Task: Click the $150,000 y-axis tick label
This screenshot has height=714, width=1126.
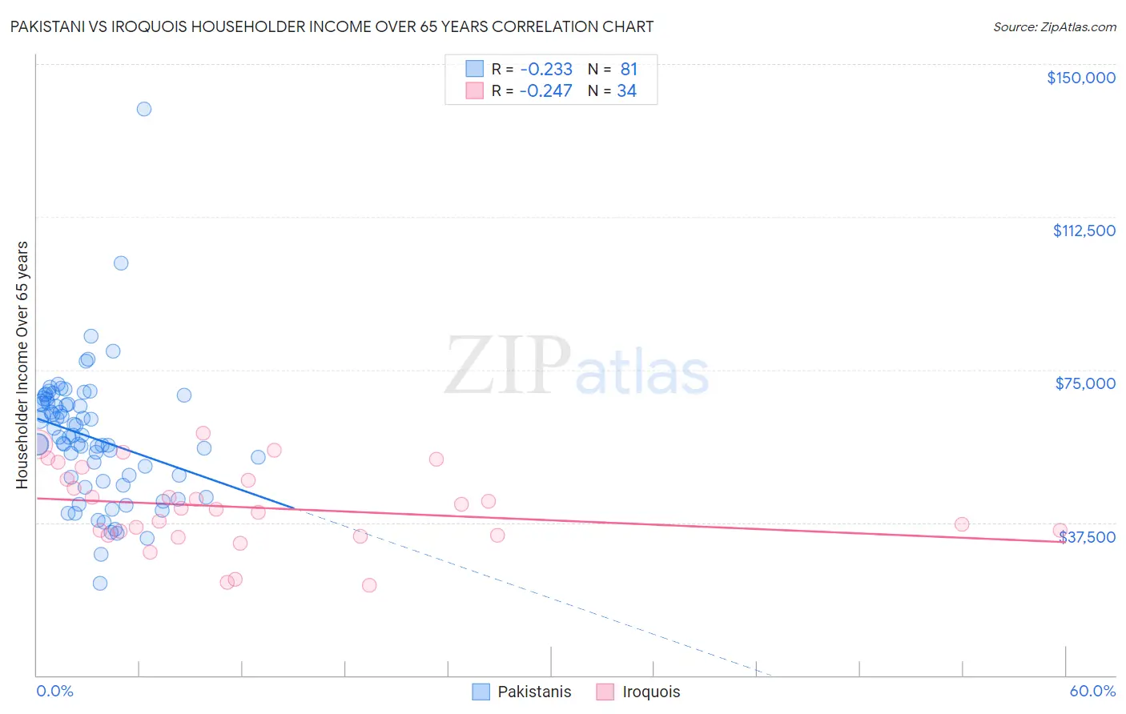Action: (x=1080, y=78)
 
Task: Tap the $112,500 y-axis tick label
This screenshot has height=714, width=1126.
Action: (x=1084, y=231)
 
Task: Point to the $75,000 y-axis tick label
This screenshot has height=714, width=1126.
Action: (x=1085, y=383)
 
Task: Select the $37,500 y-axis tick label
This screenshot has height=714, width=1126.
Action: (x=1087, y=537)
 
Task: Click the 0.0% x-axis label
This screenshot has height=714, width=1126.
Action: (x=54, y=691)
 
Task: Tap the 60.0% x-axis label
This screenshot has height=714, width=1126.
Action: (x=1092, y=691)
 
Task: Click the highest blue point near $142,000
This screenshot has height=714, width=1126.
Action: (x=144, y=109)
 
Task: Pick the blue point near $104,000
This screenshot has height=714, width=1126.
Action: (x=121, y=263)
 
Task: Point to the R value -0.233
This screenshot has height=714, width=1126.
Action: (x=545, y=70)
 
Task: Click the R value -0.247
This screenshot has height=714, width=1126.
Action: (x=545, y=91)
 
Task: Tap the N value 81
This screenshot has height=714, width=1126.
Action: (x=629, y=70)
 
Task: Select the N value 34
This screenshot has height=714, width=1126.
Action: (x=626, y=91)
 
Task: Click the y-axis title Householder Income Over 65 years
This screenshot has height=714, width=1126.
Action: (x=22, y=364)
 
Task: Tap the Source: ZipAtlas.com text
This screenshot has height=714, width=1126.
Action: (x=1054, y=27)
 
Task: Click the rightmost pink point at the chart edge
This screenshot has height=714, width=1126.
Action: (x=1060, y=531)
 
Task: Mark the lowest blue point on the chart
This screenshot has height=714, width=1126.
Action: (x=100, y=583)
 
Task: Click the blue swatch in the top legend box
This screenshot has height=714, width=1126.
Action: (x=475, y=69)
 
